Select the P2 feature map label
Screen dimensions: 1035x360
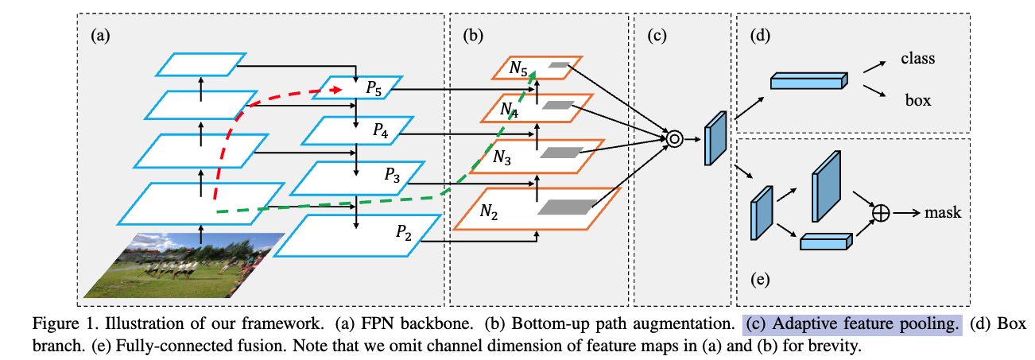click(x=403, y=233)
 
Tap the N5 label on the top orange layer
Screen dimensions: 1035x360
click(x=518, y=68)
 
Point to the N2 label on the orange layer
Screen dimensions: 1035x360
click(x=488, y=211)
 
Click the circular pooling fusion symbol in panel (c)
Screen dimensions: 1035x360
click(x=675, y=138)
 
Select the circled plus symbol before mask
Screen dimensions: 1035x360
click(x=881, y=213)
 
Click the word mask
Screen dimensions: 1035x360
click(x=943, y=212)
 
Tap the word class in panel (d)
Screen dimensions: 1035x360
click(x=917, y=58)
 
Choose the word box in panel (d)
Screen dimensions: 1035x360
click(x=917, y=100)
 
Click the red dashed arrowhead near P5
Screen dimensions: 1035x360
click(x=337, y=90)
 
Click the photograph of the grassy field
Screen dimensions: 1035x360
click(x=184, y=265)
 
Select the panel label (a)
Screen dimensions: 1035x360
click(x=100, y=36)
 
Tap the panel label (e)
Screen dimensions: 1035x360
click(x=760, y=279)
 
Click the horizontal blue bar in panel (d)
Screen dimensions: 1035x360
click(x=809, y=81)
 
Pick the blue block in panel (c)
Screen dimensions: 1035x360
click(x=715, y=137)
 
